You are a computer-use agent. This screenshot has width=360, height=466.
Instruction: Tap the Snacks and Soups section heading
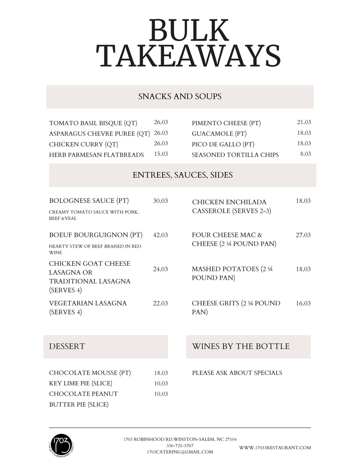point(180,96)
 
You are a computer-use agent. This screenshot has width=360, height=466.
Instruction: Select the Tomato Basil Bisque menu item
point(93,123)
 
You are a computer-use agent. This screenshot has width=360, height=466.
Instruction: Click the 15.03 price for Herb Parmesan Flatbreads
point(161,154)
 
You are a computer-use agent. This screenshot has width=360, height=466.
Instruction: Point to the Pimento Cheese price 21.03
point(304,123)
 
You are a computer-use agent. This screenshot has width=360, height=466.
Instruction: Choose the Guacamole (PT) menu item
point(219,134)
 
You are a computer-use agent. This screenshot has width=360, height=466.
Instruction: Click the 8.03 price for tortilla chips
point(306,154)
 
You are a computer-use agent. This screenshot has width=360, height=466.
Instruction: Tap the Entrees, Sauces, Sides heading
point(183,175)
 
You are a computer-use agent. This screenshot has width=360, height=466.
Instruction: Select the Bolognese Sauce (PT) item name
point(89,201)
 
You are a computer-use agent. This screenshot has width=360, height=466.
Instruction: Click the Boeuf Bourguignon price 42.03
point(161,235)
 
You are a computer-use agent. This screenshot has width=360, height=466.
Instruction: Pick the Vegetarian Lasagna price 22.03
point(161,303)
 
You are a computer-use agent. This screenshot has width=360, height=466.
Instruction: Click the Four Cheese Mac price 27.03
point(303,235)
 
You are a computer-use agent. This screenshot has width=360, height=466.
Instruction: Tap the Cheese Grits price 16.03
point(303,303)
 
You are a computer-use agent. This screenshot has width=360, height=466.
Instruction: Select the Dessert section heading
point(67,346)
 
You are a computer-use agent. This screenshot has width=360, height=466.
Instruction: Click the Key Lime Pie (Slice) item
point(81,383)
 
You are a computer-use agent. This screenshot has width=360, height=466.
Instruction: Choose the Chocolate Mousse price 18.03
point(161,373)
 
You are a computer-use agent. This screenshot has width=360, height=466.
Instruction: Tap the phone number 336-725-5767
point(180,445)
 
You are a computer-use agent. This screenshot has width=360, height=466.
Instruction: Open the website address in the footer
point(275,448)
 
